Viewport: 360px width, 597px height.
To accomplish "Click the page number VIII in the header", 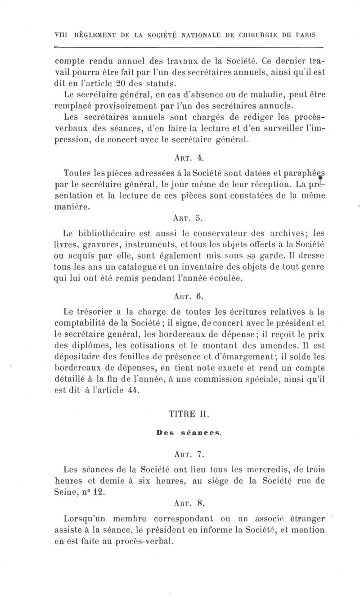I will tap(60, 35).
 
